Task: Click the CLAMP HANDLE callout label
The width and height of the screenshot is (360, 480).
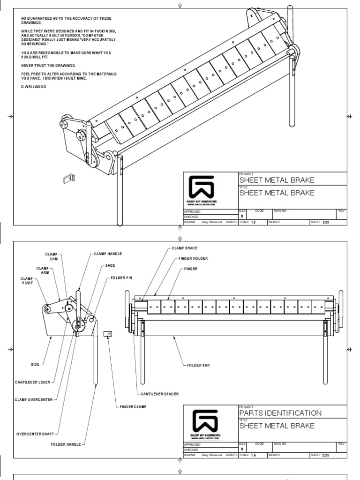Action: pyautogui.click(x=108, y=254)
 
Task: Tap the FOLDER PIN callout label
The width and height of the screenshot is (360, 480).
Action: pyautogui.click(x=121, y=277)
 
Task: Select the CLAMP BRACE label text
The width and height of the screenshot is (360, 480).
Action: pyautogui.click(x=184, y=247)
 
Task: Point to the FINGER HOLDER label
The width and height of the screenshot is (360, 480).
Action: pyautogui.click(x=193, y=258)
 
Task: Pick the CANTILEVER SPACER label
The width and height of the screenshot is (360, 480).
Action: pyautogui.click(x=160, y=393)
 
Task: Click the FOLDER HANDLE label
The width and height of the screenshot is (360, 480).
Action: pyautogui.click(x=66, y=443)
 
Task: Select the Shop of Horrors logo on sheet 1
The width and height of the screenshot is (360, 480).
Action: pyautogui.click(x=201, y=190)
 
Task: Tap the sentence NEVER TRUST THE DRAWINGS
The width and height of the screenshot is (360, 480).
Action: pyautogui.click(x=48, y=65)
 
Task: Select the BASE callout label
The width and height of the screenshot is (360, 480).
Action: pyautogui.click(x=110, y=265)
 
